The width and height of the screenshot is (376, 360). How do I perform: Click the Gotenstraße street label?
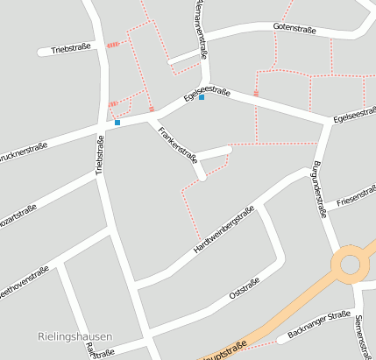294,29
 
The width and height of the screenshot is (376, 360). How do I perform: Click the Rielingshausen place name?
75,335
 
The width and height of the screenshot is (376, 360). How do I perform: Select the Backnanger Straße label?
314,327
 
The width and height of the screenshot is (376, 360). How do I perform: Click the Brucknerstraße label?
22,152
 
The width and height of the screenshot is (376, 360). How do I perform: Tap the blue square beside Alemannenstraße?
202,97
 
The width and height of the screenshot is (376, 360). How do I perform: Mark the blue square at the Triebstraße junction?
117,123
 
